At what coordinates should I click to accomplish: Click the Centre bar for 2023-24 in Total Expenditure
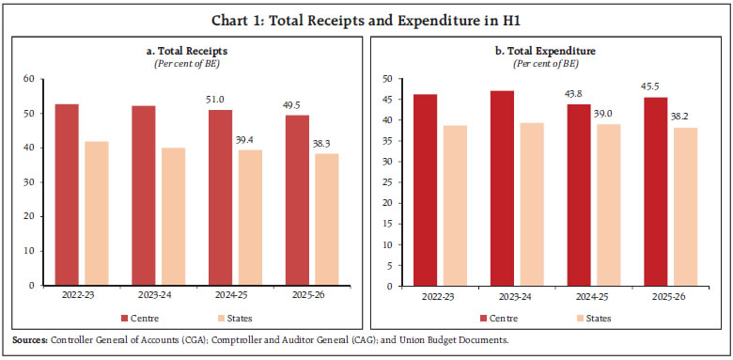[504, 187]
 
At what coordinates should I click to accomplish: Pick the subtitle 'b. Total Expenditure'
[547, 51]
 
